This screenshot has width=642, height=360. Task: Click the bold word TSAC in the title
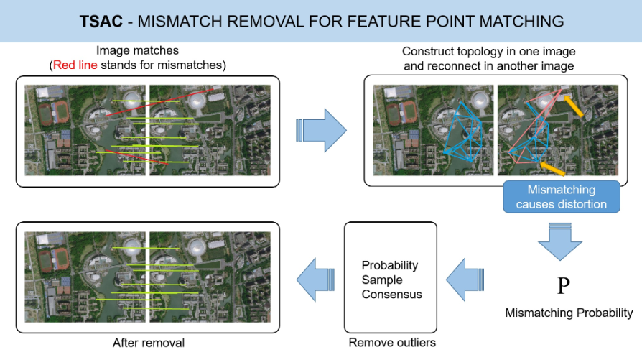point(101,22)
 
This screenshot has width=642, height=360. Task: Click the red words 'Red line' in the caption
point(75,65)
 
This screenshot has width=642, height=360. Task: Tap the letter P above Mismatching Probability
point(564,285)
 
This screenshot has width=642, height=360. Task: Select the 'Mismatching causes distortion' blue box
point(562,197)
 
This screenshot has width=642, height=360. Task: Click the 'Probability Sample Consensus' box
point(391,277)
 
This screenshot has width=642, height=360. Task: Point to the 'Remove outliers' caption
point(392,342)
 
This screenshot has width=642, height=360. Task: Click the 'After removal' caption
point(149,343)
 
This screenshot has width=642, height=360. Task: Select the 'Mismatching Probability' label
point(569,313)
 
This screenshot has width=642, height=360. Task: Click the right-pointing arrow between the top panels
point(322,130)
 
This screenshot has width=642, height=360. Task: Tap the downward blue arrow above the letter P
point(559,241)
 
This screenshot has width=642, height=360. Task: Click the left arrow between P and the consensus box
point(465,280)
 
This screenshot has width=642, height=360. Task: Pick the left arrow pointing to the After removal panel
point(315,280)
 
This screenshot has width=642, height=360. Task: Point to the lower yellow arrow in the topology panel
point(552,169)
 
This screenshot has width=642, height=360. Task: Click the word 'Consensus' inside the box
point(392,295)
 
